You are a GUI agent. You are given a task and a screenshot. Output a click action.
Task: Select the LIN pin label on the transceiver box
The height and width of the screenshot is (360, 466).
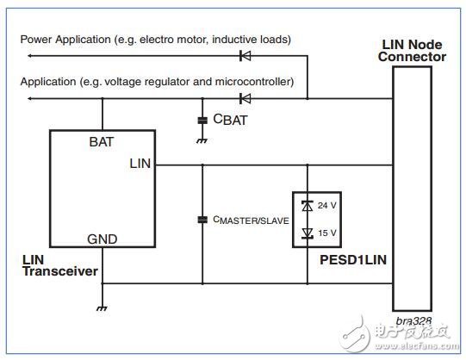[140, 164]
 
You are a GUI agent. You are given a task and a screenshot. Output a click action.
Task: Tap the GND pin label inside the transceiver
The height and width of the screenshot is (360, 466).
[102, 239]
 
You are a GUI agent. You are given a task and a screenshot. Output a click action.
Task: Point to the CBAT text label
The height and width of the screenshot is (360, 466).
[228, 121]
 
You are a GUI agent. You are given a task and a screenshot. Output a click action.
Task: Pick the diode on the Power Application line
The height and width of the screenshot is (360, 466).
[245, 55]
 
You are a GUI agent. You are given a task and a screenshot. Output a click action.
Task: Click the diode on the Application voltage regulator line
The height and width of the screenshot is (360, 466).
[245, 99]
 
